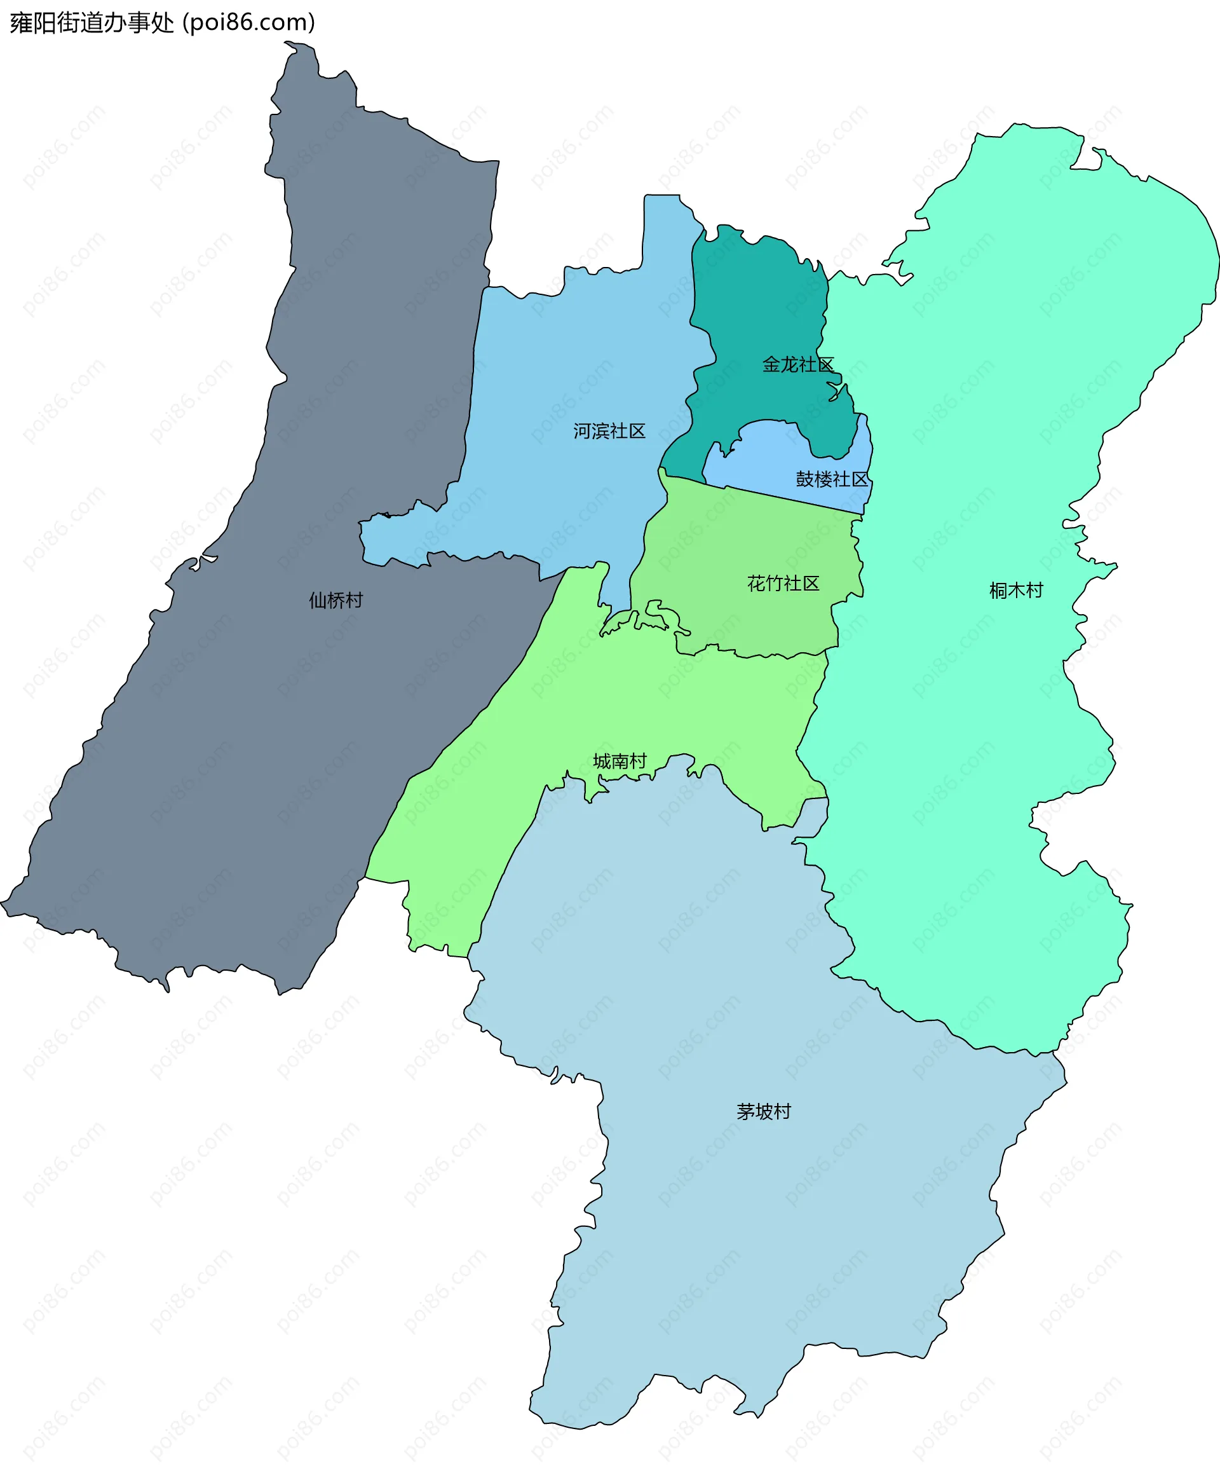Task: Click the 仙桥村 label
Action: (x=335, y=600)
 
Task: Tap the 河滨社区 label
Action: (x=609, y=431)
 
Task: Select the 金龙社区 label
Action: (x=797, y=364)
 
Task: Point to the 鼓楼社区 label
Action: (x=831, y=479)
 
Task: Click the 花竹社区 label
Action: (x=783, y=584)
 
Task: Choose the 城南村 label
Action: (x=620, y=762)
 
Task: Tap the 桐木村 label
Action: (x=1015, y=591)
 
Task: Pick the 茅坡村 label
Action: (x=763, y=1112)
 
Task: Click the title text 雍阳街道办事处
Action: (x=91, y=23)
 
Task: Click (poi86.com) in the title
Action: (x=248, y=23)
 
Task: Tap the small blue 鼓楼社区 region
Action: (x=770, y=455)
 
